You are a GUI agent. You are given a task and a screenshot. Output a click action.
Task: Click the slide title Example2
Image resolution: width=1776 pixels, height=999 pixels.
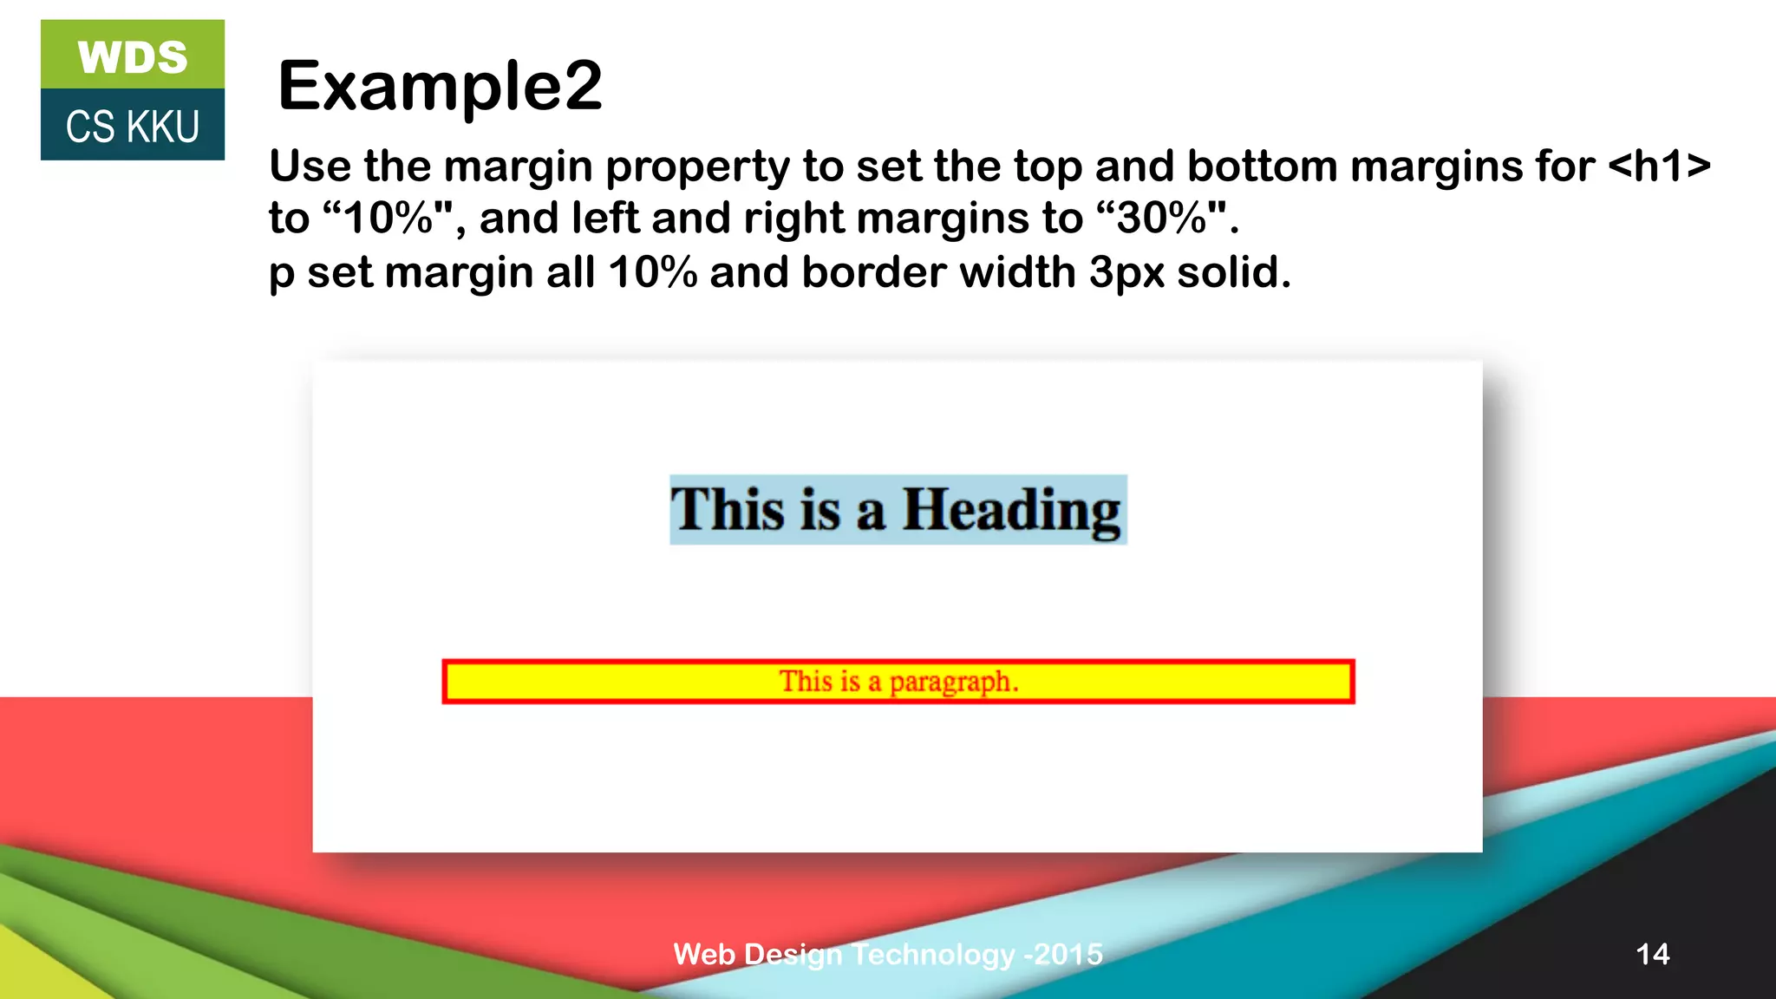(440, 86)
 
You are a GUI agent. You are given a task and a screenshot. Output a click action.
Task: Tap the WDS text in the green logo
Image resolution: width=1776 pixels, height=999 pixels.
(133, 57)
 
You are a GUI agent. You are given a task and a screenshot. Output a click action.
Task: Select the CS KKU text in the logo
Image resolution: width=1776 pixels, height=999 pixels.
(133, 127)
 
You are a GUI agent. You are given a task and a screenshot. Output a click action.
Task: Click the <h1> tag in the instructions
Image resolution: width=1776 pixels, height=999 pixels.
(1659, 166)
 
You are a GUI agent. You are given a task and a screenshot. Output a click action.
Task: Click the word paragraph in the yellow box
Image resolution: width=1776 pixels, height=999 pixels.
(951, 682)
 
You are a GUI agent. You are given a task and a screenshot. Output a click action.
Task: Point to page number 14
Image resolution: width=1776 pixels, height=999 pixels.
(1652, 954)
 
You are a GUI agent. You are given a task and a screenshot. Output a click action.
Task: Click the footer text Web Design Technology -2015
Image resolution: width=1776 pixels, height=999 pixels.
(888, 954)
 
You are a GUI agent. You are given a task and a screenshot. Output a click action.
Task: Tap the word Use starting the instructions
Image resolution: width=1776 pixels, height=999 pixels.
(310, 166)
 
